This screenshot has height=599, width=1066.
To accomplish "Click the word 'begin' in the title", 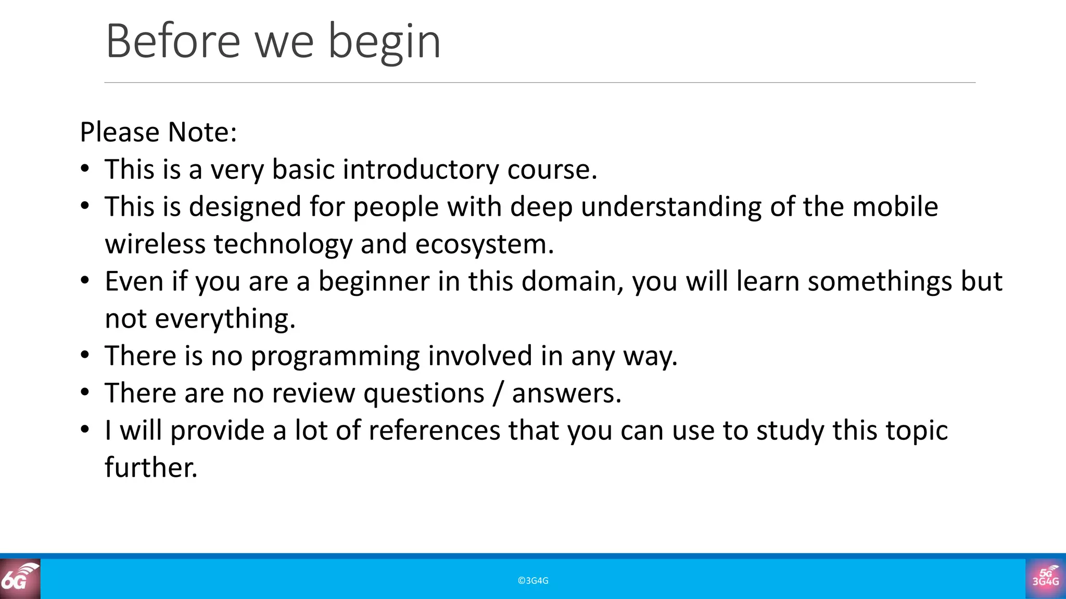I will point(384,43).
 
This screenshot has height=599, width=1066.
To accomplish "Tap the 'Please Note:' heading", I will point(158,132).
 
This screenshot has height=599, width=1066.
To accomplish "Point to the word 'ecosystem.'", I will point(485,244).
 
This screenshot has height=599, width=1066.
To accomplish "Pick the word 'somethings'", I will point(880,282).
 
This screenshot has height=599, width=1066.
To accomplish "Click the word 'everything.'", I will point(225,319).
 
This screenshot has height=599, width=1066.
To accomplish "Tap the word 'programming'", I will point(335,357).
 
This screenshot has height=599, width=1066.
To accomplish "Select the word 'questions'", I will point(424,394).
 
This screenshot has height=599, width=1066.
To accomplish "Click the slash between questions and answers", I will point(498,394).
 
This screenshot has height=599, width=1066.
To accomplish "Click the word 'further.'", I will point(151,467).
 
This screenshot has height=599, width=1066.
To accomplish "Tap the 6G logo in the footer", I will point(20,579).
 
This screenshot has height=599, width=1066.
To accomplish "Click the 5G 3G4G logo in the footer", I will point(1045,579).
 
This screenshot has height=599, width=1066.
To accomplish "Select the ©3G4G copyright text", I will point(533,581).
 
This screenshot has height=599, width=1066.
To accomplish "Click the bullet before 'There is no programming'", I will point(85,356).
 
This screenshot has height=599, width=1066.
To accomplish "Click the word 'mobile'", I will point(895,207).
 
